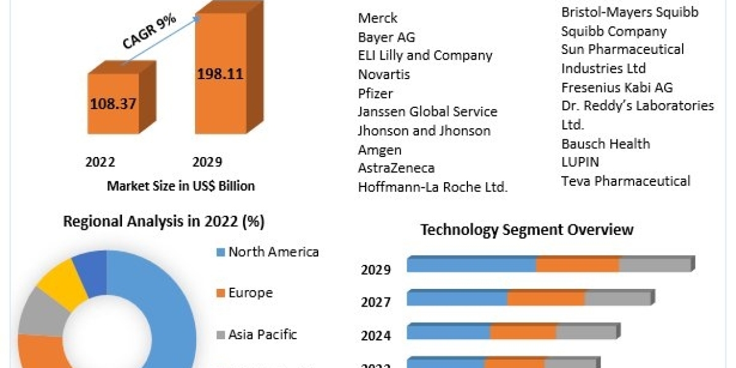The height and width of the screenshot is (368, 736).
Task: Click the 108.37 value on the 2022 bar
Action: tap(112, 103)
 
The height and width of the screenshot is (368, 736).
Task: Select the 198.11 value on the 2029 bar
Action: tap(220, 74)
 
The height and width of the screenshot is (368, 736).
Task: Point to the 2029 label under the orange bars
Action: tap(207, 162)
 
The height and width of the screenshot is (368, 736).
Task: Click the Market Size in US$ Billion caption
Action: tap(180, 186)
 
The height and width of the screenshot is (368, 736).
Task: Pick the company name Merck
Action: tap(378, 18)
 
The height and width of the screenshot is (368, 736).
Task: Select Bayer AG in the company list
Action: tap(386, 37)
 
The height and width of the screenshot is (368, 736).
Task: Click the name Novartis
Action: tap(384, 74)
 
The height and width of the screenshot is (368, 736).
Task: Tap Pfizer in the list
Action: tap(375, 93)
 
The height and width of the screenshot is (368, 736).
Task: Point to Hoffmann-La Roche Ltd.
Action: tap(432, 187)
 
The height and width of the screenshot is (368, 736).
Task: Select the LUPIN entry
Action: tap(580, 162)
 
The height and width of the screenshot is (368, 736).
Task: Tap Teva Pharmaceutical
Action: tap(626, 181)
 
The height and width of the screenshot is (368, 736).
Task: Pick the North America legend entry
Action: tap(274, 251)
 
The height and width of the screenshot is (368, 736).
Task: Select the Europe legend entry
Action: tap(250, 293)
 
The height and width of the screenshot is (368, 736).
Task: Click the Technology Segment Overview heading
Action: tap(527, 230)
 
